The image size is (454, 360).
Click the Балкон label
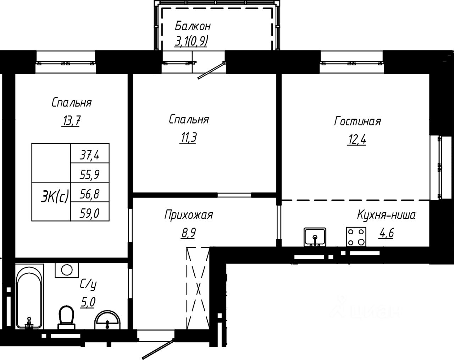click(193, 26)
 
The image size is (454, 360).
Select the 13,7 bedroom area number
click(71, 121)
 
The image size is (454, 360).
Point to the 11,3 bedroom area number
click(188, 138)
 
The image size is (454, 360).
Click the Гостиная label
click(358, 121)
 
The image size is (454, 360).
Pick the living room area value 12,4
click(356, 140)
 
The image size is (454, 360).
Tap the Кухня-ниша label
click(386, 215)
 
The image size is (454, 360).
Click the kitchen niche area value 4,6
click(386, 233)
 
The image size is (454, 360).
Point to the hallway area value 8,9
click(188, 233)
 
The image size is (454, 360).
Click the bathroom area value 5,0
click(88, 302)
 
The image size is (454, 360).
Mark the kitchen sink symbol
click(315, 237)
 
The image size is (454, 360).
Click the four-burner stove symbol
click(356, 237)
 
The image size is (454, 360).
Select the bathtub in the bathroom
click(29, 296)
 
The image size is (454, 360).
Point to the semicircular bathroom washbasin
click(107, 320)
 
